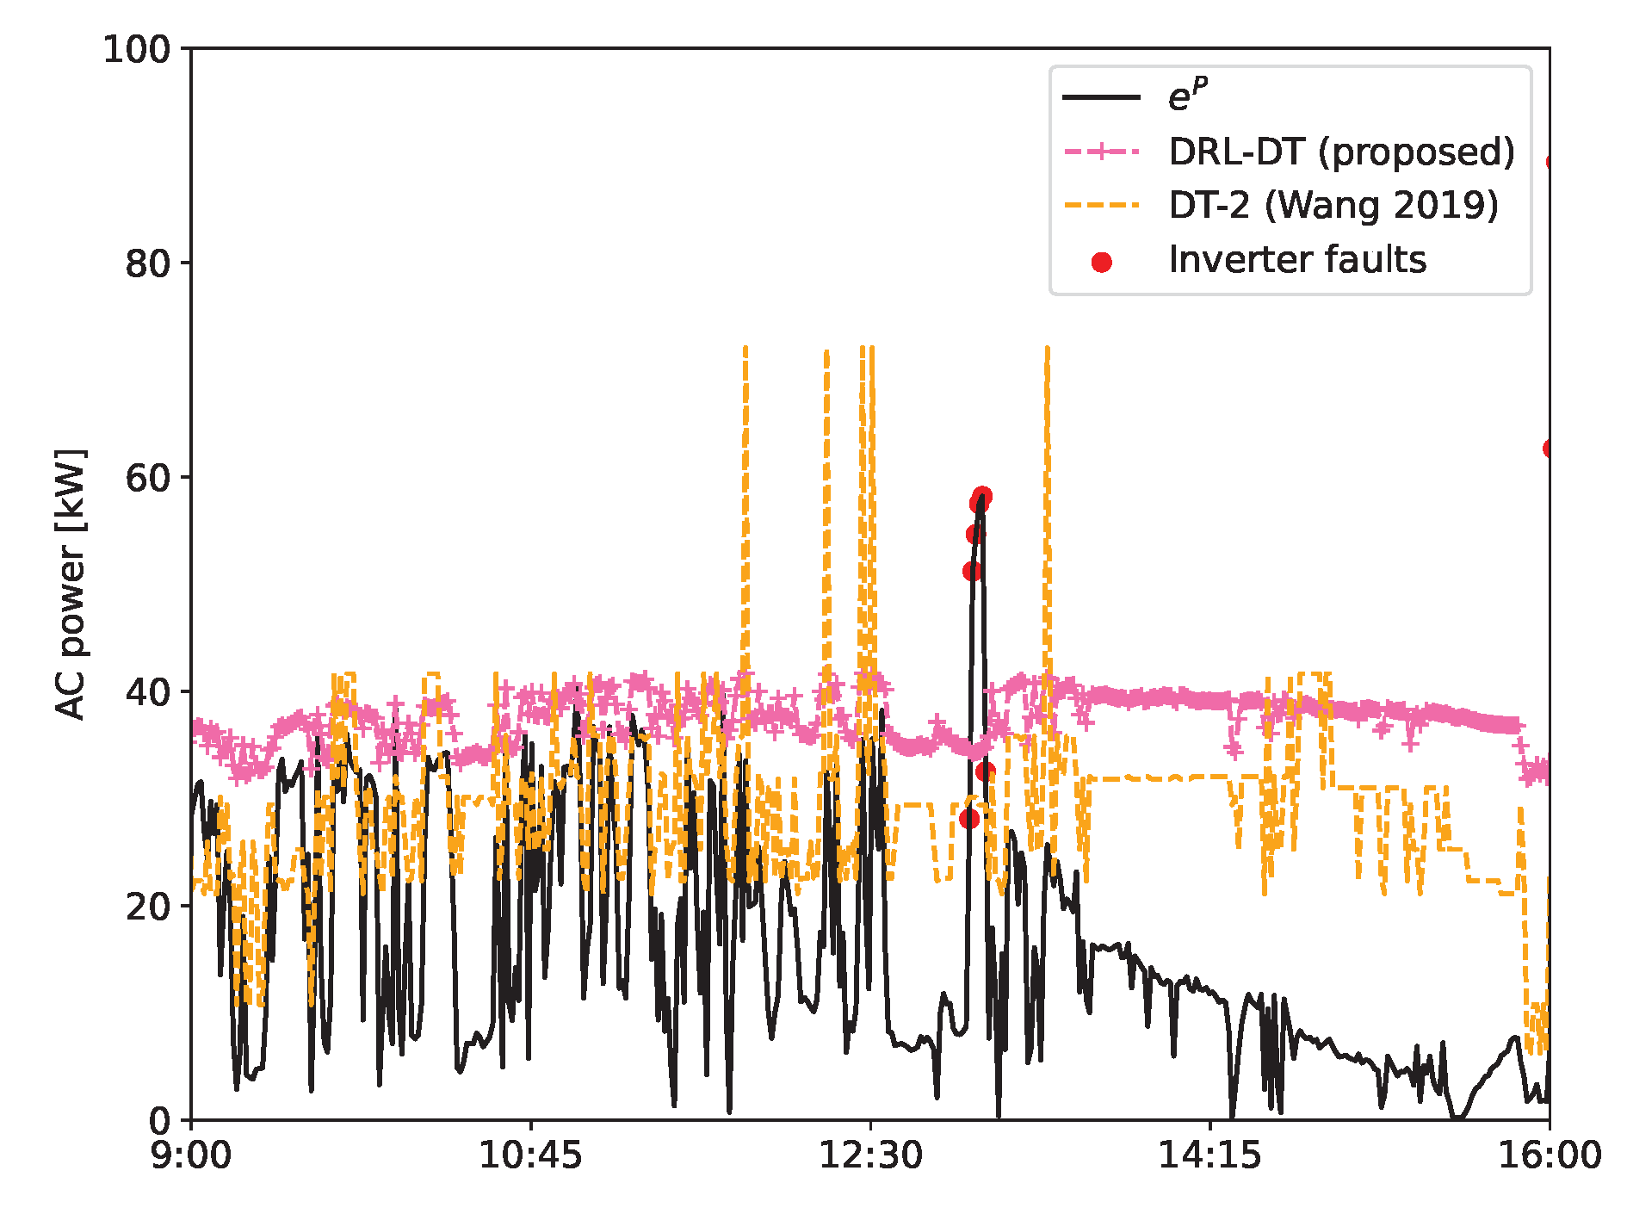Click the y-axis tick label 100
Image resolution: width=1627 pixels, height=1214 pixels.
click(x=137, y=49)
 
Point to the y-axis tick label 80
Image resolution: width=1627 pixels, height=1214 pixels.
click(x=148, y=263)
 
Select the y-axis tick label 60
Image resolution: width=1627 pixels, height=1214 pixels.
click(x=148, y=478)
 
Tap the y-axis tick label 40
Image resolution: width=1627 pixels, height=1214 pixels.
click(x=148, y=692)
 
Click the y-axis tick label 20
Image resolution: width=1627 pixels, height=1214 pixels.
click(x=148, y=907)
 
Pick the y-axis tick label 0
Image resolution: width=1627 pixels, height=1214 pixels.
click(x=159, y=1121)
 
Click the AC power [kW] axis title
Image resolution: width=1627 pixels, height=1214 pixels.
click(x=71, y=584)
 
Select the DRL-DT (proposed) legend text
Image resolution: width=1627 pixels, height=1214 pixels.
click(x=1341, y=152)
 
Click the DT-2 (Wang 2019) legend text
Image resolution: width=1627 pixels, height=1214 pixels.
click(x=1333, y=206)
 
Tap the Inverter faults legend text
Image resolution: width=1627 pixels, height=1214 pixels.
click(x=1296, y=260)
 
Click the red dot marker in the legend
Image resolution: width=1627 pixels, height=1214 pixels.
click(x=1101, y=262)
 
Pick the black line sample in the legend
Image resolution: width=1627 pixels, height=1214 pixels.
click(x=1101, y=97)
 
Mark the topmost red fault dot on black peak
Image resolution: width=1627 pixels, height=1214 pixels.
click(x=982, y=496)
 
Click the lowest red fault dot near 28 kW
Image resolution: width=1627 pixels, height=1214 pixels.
click(x=969, y=818)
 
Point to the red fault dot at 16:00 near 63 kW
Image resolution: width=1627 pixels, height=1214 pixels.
click(x=1550, y=449)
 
